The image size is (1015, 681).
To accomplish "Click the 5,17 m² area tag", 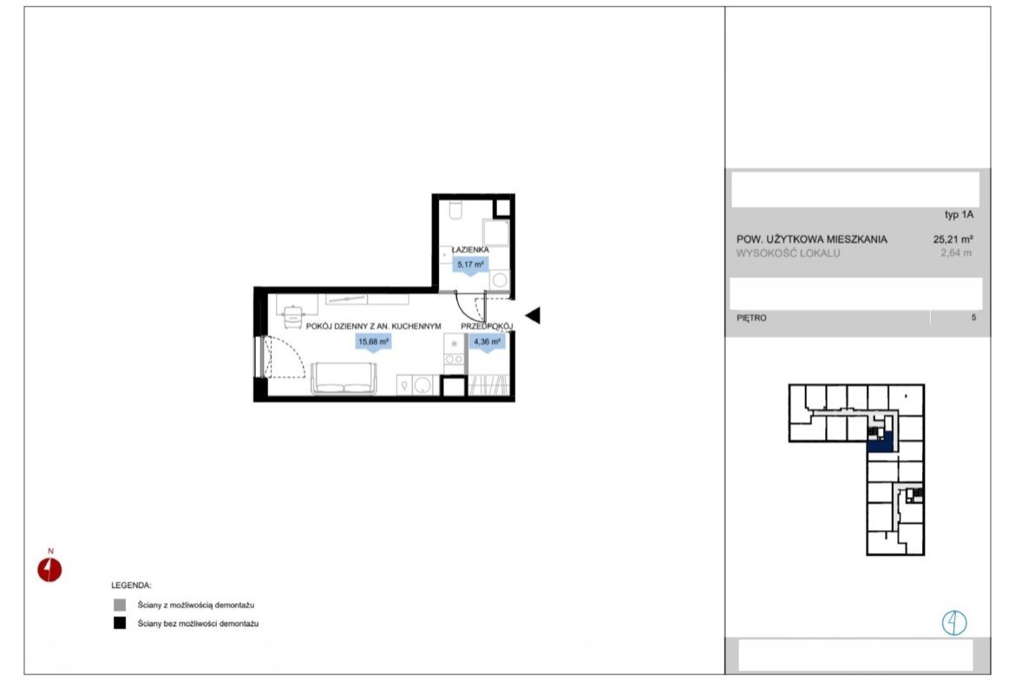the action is tap(470, 264).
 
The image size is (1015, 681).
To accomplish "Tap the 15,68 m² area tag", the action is tap(374, 341).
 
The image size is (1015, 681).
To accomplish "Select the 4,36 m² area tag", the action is tap(487, 341).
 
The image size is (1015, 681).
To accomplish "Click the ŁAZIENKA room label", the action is tap(470, 249).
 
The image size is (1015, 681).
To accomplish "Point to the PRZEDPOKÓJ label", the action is tap(487, 326).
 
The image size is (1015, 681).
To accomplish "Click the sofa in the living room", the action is tap(344, 378).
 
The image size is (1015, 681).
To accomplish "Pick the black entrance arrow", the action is tap(533, 315).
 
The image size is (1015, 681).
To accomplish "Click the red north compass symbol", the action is tap(49, 570).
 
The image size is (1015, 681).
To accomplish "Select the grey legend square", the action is tap(120, 605).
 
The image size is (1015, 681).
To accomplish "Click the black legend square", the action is tap(120, 623).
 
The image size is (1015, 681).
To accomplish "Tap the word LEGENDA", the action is tap(131, 586).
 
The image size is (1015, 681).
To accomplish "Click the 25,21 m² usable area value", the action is tap(953, 239).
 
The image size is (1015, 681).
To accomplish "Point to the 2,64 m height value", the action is tap(956, 253).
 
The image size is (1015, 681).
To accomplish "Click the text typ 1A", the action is tap(959, 214).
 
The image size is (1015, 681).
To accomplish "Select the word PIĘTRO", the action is tap(751, 318).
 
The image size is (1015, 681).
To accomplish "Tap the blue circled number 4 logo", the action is tap(954, 623).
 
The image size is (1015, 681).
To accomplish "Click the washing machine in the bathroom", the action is tap(500, 281).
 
